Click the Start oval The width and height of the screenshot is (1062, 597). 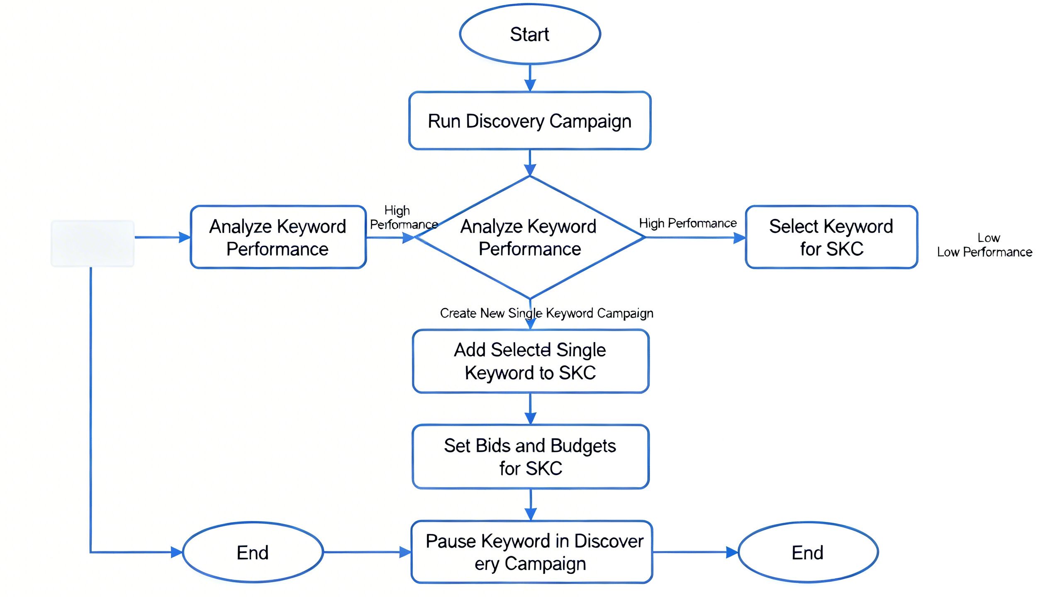tap(530, 34)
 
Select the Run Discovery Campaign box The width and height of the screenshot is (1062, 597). tap(530, 121)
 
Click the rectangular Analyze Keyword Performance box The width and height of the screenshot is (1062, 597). tap(278, 237)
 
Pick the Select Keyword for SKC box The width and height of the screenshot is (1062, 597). tap(831, 237)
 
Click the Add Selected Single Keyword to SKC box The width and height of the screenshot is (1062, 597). tap(531, 361)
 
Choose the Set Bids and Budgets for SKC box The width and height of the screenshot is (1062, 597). tap(531, 456)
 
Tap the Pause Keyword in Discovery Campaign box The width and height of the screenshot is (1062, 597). tap(532, 552)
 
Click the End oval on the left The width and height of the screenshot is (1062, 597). tap(253, 552)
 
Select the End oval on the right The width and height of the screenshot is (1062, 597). tap(808, 552)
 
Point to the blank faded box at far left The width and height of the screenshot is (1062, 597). tap(92, 243)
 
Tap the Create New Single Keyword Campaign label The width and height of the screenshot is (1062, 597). tap(546, 313)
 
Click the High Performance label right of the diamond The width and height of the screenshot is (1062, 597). tap(687, 223)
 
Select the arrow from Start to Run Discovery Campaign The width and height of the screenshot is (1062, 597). tap(530, 78)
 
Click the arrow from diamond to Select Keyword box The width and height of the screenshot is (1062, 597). tap(695, 238)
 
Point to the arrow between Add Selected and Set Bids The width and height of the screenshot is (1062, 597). tap(531, 409)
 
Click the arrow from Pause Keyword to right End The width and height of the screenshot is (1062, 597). tap(695, 552)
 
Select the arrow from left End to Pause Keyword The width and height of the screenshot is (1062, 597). tap(367, 552)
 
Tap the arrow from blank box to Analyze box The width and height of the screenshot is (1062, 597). tap(163, 238)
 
